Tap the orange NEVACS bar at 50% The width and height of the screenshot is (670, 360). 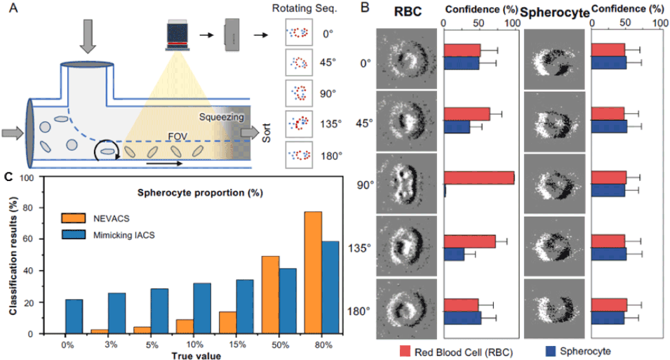tap(269, 295)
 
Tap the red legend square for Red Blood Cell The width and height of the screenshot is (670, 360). tap(406, 350)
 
